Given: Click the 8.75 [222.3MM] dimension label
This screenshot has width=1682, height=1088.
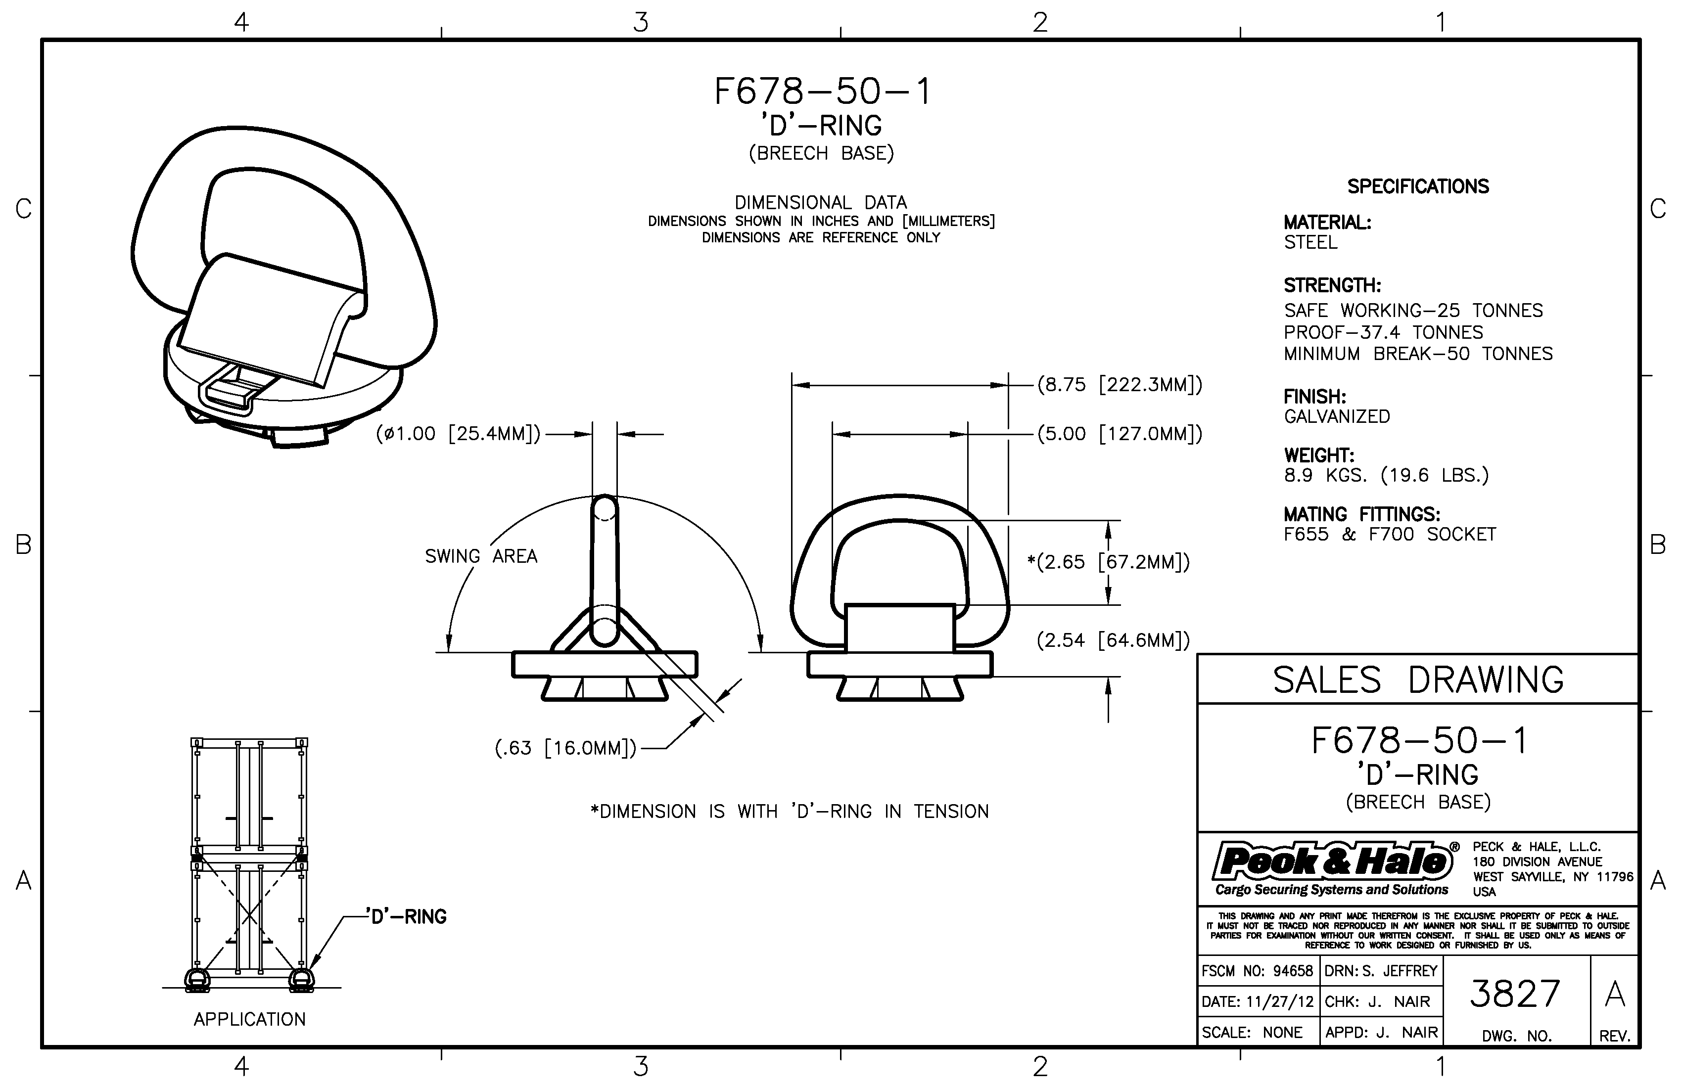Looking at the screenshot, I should [x=1120, y=385].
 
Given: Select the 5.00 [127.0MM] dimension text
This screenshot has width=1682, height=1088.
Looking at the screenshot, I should [x=1120, y=434].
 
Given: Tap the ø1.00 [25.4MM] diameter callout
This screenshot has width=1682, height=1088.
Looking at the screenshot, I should [x=458, y=434].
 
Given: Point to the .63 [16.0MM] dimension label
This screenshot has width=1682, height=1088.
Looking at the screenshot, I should [x=565, y=748].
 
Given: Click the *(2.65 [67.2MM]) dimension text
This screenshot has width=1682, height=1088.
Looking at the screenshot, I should [x=1108, y=562].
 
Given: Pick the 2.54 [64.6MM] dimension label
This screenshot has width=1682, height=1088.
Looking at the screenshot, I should [x=1113, y=641].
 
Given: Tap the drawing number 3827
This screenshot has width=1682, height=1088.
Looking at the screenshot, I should [x=1514, y=994].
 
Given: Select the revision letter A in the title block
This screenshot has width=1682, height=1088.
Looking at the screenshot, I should [x=1615, y=995].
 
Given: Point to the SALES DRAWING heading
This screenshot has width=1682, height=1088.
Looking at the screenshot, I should [x=1418, y=680].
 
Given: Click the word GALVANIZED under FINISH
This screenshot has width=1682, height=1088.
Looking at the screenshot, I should [x=1336, y=417].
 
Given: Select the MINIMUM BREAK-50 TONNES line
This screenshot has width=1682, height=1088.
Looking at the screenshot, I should [x=1418, y=354].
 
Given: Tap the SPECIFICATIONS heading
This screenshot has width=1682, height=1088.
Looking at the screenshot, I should [x=1418, y=186].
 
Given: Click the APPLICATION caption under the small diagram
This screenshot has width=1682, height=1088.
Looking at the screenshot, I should [x=249, y=1019].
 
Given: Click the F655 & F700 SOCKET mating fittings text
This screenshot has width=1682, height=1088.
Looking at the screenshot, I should [x=1390, y=534].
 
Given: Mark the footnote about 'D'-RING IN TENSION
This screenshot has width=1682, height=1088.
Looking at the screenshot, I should [x=790, y=811].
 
